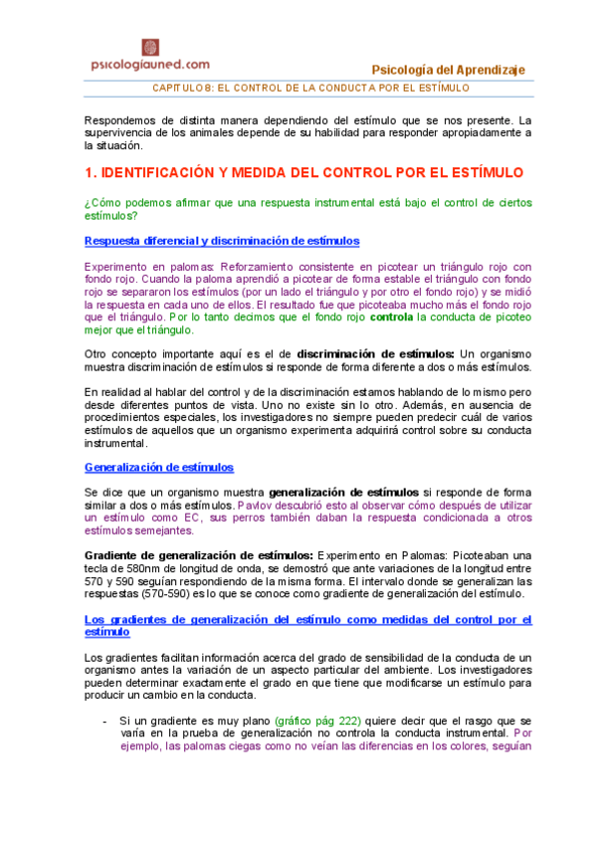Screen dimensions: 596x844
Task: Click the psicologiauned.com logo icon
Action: click(x=152, y=46)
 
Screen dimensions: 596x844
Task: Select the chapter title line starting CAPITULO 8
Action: click(x=309, y=89)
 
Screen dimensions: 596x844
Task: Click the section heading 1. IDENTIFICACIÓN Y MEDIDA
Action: click(x=303, y=172)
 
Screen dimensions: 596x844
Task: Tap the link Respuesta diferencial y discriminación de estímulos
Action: click(x=222, y=241)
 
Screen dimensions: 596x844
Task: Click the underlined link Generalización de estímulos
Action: click(x=158, y=466)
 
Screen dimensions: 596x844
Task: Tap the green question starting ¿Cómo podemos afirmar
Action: click(x=308, y=210)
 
